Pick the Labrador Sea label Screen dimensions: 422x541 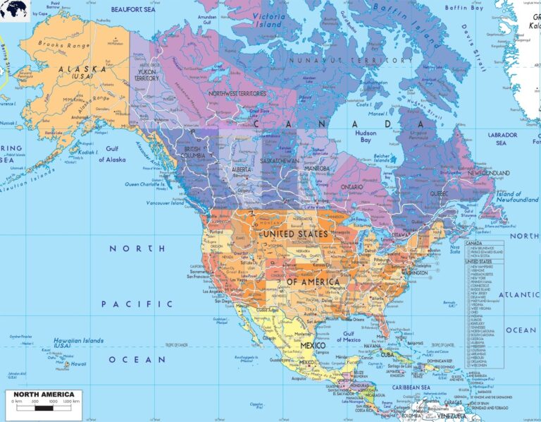[x=502, y=138]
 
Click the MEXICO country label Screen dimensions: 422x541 [x=313, y=345]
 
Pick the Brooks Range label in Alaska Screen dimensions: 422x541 [x=64, y=43]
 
